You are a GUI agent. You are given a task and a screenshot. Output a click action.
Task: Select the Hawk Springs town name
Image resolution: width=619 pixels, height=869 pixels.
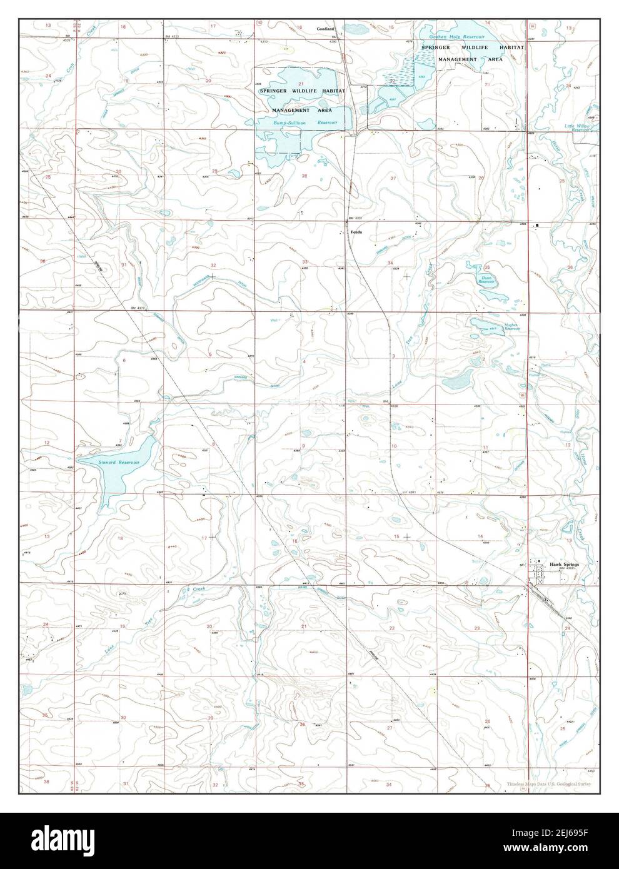(x=565, y=565)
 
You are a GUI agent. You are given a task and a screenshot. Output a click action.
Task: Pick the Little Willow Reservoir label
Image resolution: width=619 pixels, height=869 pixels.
(x=578, y=128)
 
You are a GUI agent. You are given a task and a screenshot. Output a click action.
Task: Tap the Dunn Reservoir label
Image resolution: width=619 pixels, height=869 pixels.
(x=487, y=280)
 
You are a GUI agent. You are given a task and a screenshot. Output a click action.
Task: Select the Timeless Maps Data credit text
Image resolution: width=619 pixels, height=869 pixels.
(x=549, y=783)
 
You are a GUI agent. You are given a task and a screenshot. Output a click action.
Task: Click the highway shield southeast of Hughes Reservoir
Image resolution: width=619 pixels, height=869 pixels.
(x=522, y=396)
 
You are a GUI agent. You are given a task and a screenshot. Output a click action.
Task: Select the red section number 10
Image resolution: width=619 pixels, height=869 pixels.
(x=394, y=446)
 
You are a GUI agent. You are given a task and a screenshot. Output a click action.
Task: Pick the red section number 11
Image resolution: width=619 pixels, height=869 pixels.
(x=485, y=446)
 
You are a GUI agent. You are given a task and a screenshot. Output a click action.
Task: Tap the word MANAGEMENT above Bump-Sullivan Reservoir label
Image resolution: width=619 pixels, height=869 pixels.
(x=288, y=110)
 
